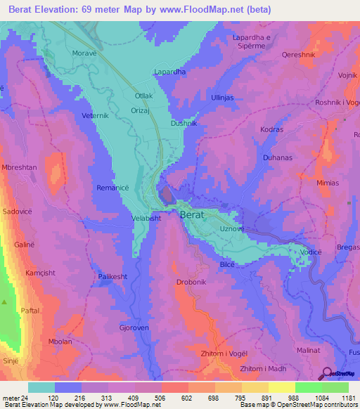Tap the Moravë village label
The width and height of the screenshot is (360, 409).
[x=84, y=53]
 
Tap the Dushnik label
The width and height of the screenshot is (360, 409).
[x=184, y=123]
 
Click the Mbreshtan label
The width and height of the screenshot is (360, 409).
[x=22, y=169]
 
